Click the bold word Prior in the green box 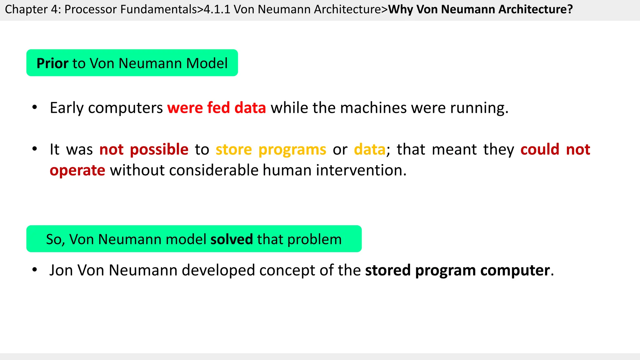pyautogui.click(x=52, y=63)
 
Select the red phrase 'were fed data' pyautogui.click(x=217, y=108)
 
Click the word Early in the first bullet pyautogui.click(x=67, y=108)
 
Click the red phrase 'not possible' pyautogui.click(x=144, y=149)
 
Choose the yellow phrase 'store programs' pyautogui.click(x=271, y=149)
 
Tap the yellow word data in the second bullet pyautogui.click(x=370, y=149)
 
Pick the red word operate pyautogui.click(x=77, y=170)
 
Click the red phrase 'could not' pyautogui.click(x=555, y=149)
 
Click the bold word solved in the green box pyautogui.click(x=232, y=239)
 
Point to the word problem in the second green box pyautogui.click(x=314, y=239)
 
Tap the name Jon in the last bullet pyautogui.click(x=61, y=270)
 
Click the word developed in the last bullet pyautogui.click(x=218, y=270)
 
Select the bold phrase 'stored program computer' pyautogui.click(x=457, y=270)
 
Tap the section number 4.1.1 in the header pyautogui.click(x=217, y=9)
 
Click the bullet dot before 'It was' pyautogui.click(x=35, y=149)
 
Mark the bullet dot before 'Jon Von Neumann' pyautogui.click(x=35, y=269)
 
